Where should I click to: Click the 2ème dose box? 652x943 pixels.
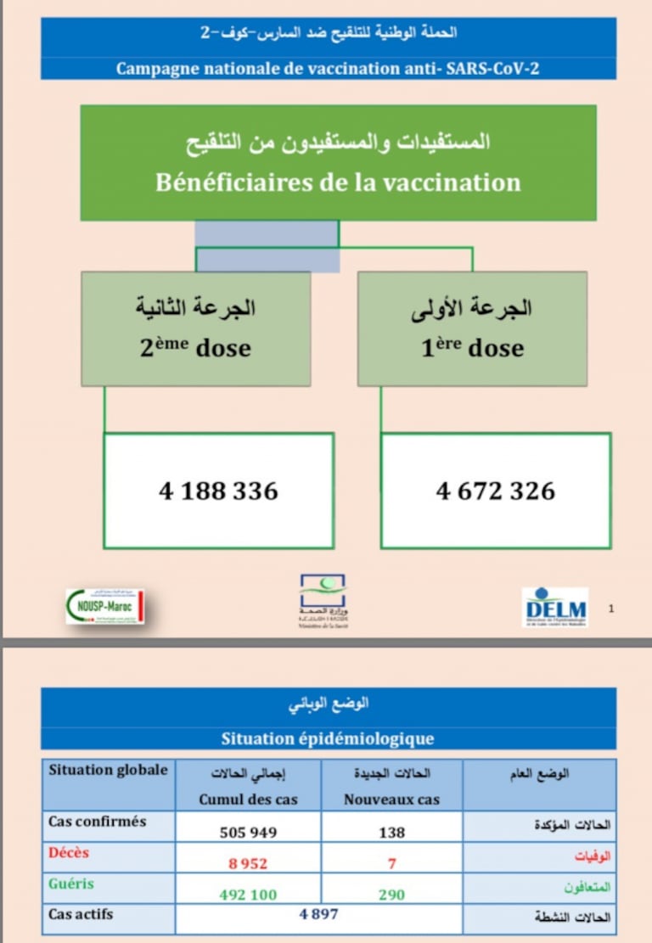196,328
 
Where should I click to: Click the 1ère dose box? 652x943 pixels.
472,328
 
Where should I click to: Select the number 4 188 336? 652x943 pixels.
218,491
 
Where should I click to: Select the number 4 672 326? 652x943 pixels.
495,491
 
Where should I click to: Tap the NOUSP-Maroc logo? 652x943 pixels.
105,606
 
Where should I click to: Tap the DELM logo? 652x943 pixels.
555,606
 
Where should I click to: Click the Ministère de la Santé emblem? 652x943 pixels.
323,599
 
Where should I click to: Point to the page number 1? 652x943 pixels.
612,608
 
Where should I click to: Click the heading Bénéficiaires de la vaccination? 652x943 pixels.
338,182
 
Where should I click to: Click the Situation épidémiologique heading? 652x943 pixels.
328,738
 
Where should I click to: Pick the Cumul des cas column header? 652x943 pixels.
248,800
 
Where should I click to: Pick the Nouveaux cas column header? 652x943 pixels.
391,800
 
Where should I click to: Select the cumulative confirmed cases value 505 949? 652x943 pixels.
248,833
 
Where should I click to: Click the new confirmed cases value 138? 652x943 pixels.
391,833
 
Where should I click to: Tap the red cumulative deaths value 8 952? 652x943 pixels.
248,864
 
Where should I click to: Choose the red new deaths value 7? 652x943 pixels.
391,864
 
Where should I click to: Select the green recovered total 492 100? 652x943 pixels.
248,895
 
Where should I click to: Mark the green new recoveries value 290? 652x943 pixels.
391,895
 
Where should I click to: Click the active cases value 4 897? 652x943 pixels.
318,913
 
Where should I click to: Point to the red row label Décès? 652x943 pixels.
69,852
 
